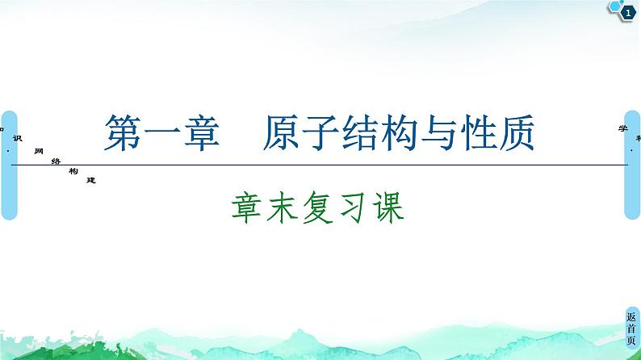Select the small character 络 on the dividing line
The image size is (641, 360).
[55, 161]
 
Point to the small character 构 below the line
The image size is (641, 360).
[73, 171]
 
